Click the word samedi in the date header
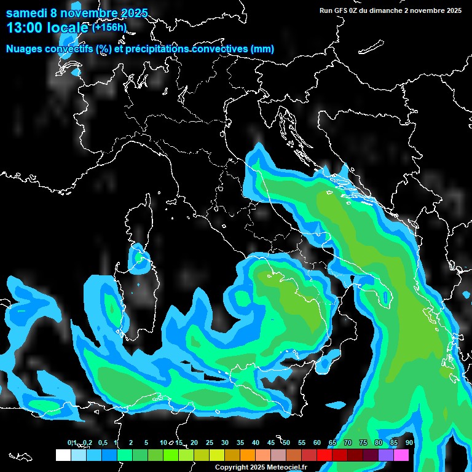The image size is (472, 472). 26,13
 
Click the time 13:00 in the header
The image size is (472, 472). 25,28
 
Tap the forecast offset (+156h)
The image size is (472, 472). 109,27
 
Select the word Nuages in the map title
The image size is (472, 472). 25,49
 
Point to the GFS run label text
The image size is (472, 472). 390,10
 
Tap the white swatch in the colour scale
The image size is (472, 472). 63,455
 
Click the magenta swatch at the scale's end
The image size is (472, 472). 401,455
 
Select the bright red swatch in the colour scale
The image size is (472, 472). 324,455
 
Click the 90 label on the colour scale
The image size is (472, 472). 409,442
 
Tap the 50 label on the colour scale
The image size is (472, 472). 286,442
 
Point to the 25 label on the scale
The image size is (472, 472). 210,442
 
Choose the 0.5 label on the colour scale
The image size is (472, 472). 102,442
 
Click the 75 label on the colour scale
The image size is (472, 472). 363,442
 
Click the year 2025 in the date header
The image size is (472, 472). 133,13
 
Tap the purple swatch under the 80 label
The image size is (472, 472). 386,455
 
